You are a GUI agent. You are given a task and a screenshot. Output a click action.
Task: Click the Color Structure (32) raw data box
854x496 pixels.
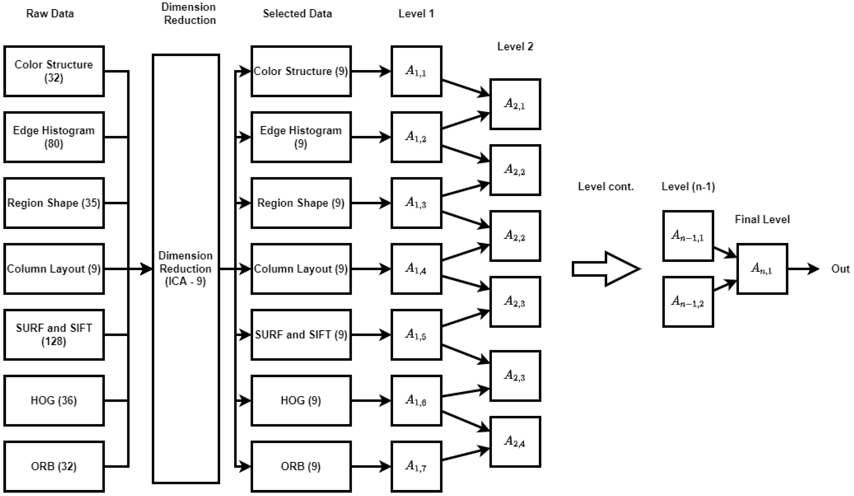click(x=54, y=71)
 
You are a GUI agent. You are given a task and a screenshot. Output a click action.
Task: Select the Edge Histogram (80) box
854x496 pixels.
click(x=54, y=137)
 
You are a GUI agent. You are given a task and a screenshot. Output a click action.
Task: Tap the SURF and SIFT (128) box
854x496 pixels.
click(x=54, y=335)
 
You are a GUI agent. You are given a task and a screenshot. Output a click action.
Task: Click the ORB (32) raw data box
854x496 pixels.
click(x=54, y=467)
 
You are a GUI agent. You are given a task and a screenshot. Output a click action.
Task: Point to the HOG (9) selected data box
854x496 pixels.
click(x=301, y=401)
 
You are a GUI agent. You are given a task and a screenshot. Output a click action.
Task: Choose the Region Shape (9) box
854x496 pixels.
click(x=301, y=203)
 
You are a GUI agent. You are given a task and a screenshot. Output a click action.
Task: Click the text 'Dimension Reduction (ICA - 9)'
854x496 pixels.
click(x=186, y=269)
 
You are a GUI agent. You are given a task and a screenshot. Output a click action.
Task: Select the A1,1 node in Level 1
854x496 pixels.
click(x=416, y=71)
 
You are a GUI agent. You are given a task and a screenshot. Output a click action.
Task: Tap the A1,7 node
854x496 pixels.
click(x=416, y=467)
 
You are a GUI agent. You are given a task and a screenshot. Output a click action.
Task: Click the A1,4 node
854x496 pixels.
click(x=416, y=269)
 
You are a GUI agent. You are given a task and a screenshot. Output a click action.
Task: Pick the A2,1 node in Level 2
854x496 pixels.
click(x=515, y=104)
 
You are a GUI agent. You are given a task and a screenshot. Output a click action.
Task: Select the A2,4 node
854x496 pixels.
click(x=515, y=442)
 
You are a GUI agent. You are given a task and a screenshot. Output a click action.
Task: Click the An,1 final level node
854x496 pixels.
click(x=762, y=269)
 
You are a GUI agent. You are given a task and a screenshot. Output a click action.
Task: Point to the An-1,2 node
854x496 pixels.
click(x=688, y=301)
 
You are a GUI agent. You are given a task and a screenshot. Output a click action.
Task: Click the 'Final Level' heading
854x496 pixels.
click(x=762, y=219)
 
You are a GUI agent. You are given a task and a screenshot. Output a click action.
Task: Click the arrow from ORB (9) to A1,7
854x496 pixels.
click(x=371, y=467)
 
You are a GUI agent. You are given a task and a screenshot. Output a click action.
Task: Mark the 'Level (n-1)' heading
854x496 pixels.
click(x=688, y=187)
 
